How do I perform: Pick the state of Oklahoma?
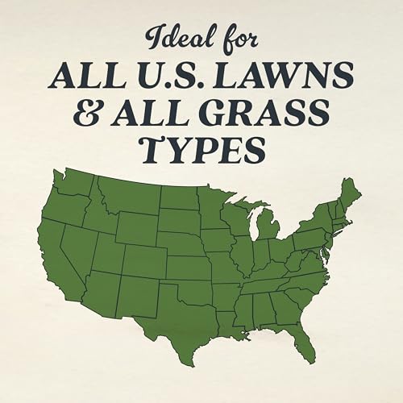198,291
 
